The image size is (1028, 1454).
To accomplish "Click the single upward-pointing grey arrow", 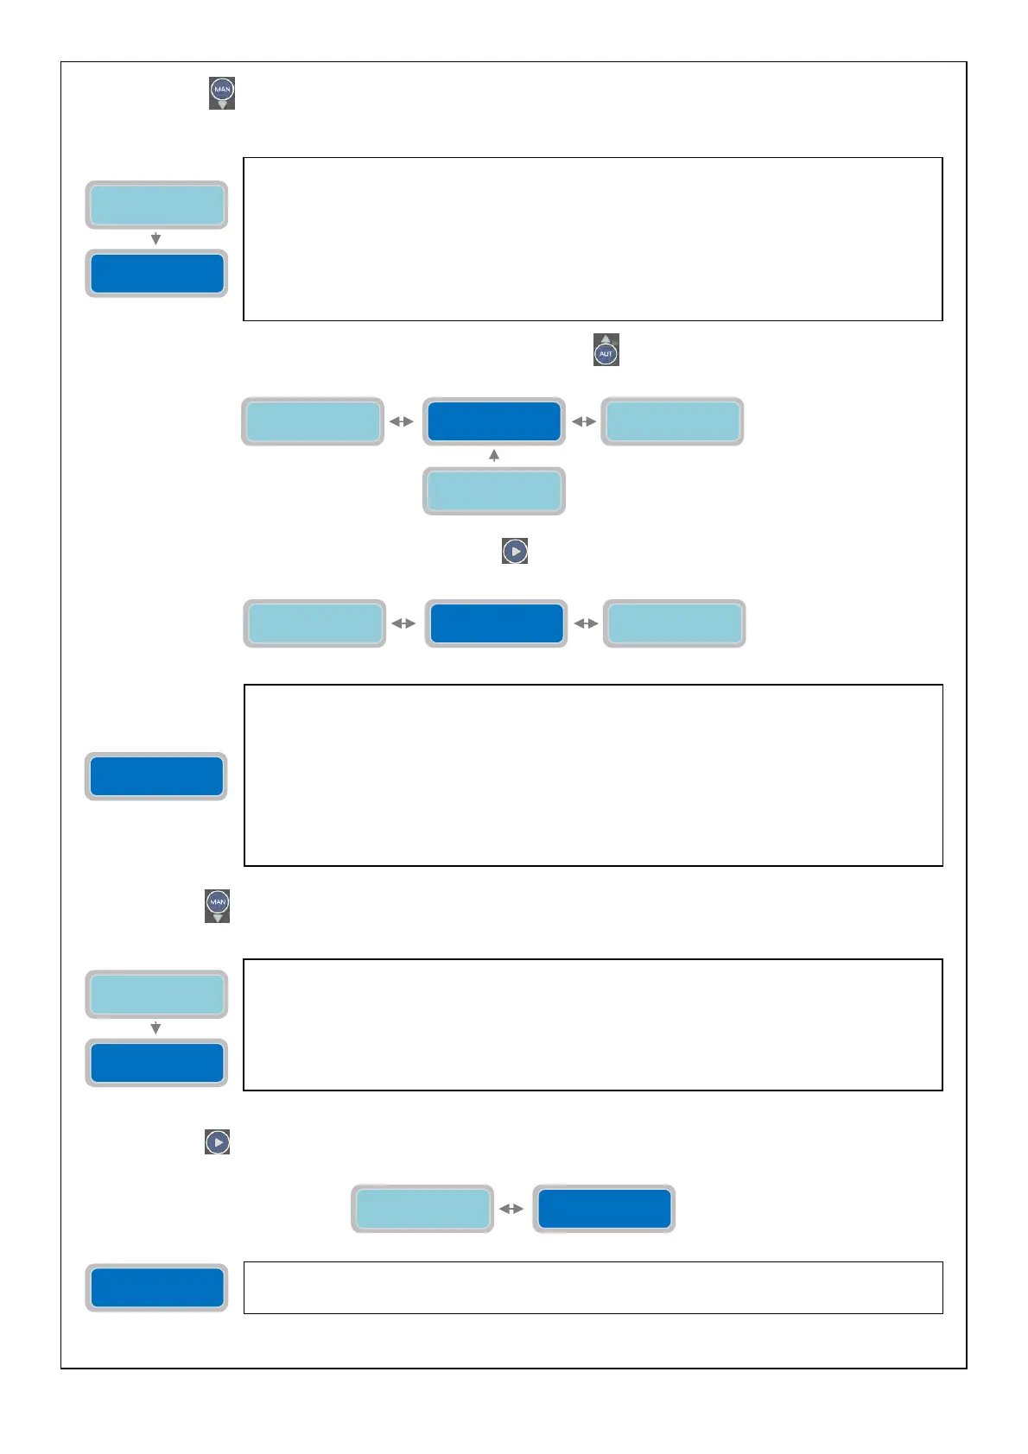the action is [x=494, y=455].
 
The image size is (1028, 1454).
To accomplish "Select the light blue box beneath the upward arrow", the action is [x=494, y=491].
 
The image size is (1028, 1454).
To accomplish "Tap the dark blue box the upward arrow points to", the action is [x=494, y=421].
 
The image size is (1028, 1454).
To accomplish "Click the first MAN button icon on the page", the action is [x=222, y=91].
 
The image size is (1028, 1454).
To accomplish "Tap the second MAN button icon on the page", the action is [x=218, y=904].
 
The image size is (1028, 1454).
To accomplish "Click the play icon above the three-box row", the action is [x=515, y=551].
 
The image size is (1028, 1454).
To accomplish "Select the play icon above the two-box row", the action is [x=218, y=1142].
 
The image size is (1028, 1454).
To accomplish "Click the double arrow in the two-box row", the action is [x=511, y=1209].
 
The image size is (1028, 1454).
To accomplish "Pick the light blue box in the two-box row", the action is [x=422, y=1209].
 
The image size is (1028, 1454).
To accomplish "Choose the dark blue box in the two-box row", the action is [x=604, y=1209].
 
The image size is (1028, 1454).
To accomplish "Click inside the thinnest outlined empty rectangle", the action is [x=593, y=1287].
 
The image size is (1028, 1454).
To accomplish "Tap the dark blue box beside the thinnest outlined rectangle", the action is [x=156, y=1287].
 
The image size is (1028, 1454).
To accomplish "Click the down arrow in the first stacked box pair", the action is [x=155, y=239].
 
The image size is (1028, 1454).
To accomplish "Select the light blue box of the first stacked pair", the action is [x=156, y=205].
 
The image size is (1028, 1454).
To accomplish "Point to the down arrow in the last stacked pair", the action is [x=155, y=1028].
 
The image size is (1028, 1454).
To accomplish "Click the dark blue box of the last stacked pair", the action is [x=156, y=1063].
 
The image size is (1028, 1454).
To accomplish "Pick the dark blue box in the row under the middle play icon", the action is [x=496, y=623].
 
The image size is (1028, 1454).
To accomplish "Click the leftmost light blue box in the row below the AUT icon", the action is [x=313, y=421].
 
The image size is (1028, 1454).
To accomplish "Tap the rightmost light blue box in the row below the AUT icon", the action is [x=672, y=421].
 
